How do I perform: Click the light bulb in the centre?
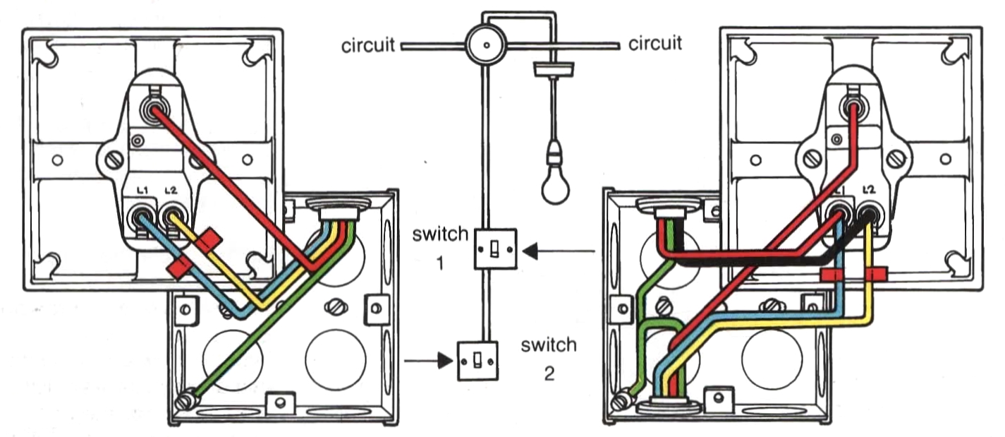[556, 175]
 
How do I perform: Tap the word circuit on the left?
[368, 45]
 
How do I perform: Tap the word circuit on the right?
[655, 44]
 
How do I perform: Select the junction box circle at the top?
[487, 44]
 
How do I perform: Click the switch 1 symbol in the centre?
[495, 249]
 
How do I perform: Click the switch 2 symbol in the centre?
[478, 361]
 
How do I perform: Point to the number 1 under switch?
[440, 263]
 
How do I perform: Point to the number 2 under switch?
[549, 373]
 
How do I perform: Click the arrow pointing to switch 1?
[559, 251]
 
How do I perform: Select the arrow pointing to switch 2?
[429, 361]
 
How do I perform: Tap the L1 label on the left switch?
[142, 191]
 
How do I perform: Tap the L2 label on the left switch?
[171, 191]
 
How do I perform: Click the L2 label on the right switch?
[869, 189]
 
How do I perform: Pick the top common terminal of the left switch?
[154, 108]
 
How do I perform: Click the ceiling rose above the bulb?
[554, 68]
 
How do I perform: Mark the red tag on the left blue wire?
[178, 268]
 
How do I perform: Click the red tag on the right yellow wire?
[876, 274]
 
